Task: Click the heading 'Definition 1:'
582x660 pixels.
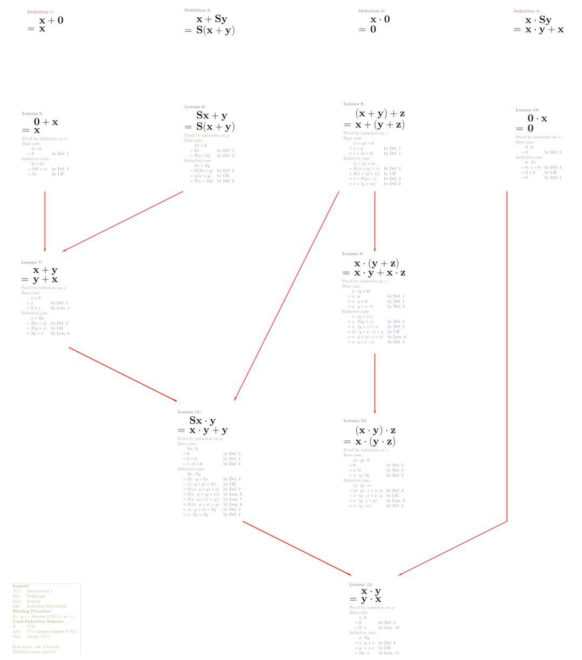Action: [40, 12]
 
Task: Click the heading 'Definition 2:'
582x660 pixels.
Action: [198, 10]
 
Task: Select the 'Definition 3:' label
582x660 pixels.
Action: [372, 11]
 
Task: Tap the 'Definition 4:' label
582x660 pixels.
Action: [526, 11]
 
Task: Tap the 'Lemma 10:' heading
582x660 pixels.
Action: [527, 110]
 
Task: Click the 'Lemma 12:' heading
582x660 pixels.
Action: [361, 584]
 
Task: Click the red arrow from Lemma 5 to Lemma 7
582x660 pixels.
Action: [45, 221]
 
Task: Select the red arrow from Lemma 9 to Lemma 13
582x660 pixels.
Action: [375, 383]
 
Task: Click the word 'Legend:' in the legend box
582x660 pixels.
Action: [20, 586]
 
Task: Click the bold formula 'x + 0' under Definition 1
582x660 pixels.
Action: [51, 20]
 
